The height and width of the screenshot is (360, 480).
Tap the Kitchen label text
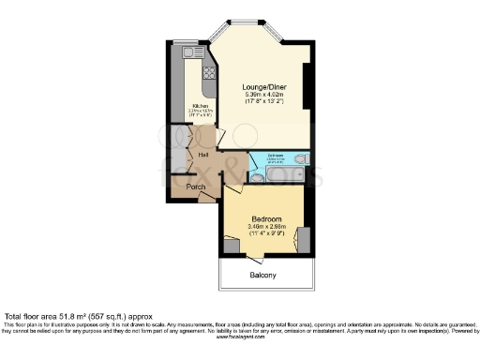coord(200,106)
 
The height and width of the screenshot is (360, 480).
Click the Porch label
coord(196,187)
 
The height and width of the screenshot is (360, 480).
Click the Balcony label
coord(262,275)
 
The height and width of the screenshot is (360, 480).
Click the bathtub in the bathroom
coord(283,174)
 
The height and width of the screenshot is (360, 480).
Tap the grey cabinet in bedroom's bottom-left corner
coord(231,246)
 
